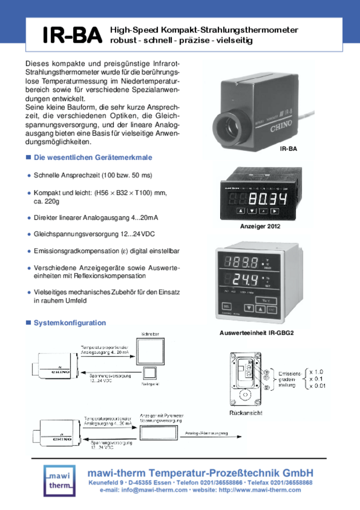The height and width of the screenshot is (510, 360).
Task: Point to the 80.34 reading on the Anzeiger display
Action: click(268, 199)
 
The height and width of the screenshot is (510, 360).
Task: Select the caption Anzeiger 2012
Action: click(260, 226)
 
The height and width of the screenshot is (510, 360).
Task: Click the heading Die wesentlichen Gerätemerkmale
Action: click(93, 157)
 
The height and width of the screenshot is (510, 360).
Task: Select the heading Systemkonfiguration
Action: click(69, 323)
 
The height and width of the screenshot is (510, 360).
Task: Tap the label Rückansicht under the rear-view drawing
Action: click(246, 413)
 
